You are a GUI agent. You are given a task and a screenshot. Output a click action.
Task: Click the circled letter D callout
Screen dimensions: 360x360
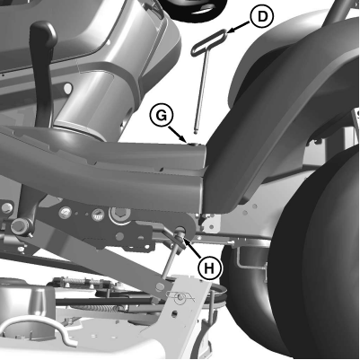(x=262, y=17)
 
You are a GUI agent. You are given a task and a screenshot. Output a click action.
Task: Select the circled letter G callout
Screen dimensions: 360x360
(x=162, y=116)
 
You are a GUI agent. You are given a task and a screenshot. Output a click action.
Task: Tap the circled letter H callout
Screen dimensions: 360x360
(x=209, y=268)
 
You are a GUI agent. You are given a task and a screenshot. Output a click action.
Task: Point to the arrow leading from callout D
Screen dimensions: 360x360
(x=239, y=27)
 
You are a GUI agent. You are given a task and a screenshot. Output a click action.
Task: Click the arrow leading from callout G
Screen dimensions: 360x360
(x=178, y=134)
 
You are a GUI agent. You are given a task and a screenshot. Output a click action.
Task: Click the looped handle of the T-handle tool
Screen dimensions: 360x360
(x=209, y=43)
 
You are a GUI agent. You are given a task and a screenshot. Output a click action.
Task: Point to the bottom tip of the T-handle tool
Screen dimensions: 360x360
(x=196, y=132)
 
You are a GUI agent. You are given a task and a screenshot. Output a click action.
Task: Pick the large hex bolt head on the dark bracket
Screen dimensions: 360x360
(x=120, y=214)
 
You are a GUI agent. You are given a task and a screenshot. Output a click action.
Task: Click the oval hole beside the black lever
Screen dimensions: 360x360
(x=68, y=88)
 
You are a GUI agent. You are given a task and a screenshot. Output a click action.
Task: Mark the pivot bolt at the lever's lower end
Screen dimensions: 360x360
(x=19, y=225)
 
